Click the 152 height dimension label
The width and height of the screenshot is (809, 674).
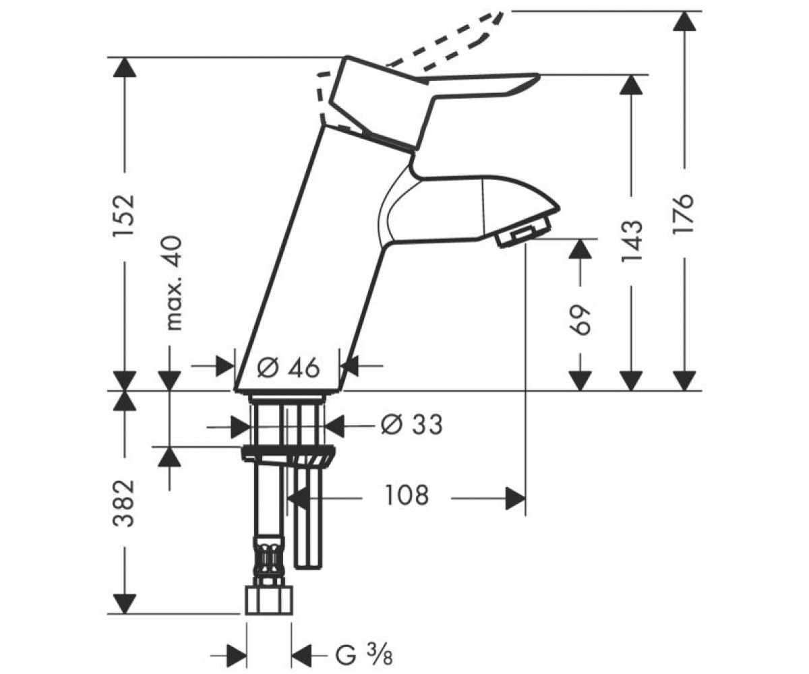coord(124,216)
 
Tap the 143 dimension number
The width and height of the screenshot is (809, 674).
coord(632,241)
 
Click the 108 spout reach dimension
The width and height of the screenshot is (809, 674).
coord(407,495)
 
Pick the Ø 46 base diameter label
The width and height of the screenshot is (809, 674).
coord(289,367)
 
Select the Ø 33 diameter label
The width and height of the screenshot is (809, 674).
coord(411,424)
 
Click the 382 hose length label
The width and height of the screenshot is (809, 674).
coord(124,503)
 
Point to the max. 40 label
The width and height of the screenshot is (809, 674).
coord(175,283)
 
